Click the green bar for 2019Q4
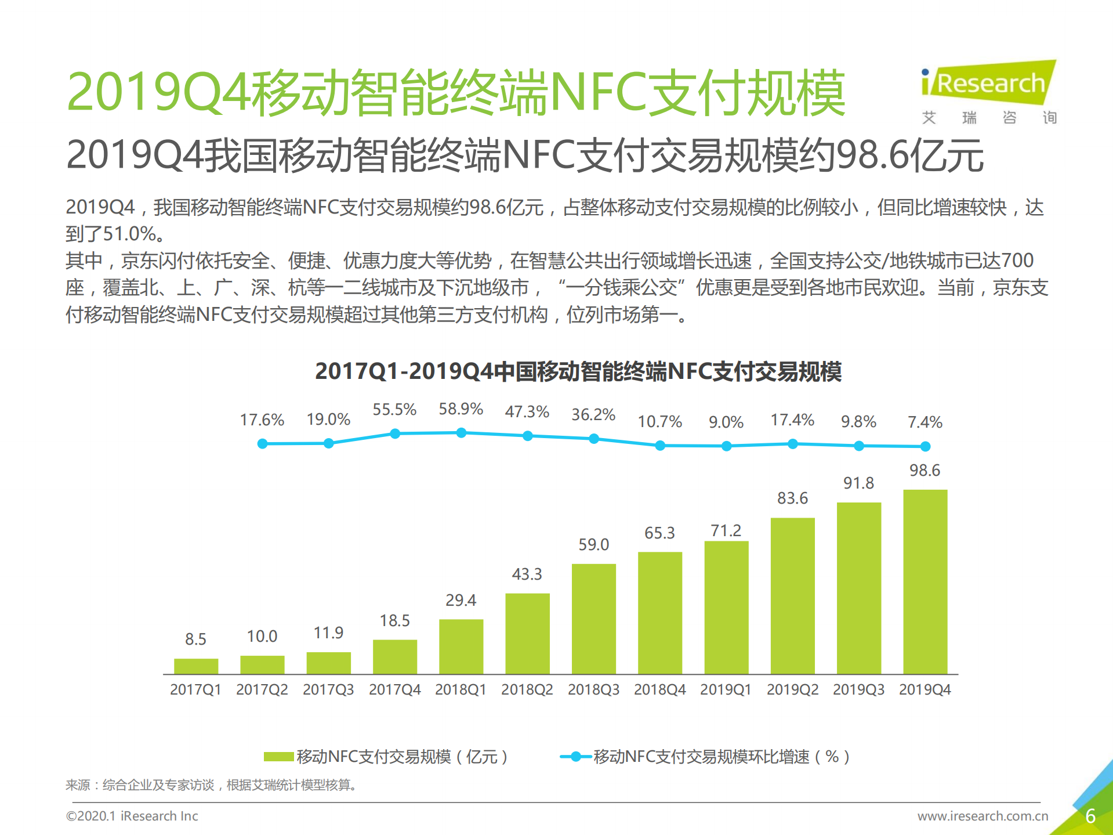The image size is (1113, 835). pos(925,581)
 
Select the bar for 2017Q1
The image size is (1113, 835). pos(196,666)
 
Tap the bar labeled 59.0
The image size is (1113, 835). pos(593,619)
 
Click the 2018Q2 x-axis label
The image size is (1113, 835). pos(527,689)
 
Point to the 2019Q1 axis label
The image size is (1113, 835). pos(726,689)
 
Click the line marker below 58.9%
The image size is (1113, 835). pos(461,433)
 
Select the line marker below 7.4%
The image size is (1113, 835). pos(925,446)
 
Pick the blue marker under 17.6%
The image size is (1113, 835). pos(262,443)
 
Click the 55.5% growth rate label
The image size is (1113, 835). pos(394,410)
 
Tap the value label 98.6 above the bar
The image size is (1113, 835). pos(925,470)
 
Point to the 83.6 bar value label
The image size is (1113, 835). pos(792,498)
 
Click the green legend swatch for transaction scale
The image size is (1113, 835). pos(278,756)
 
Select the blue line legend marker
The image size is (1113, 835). pos(575,756)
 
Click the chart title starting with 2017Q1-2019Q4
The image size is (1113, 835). pos(578,371)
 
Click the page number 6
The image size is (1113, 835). pos(1090,816)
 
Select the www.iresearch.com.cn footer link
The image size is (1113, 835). pos(983,816)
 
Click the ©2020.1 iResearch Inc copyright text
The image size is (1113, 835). pos(132,816)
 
